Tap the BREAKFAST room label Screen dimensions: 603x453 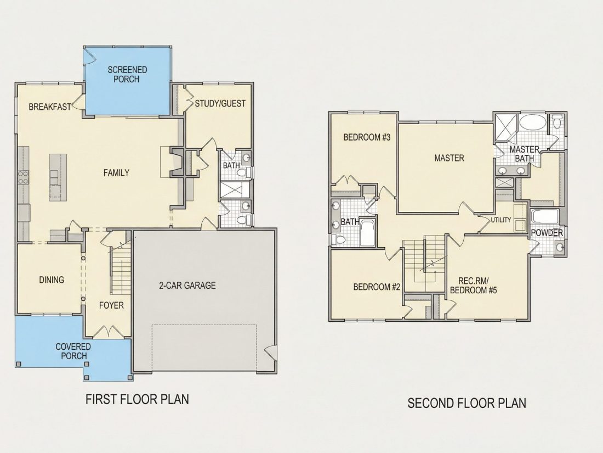coord(50,107)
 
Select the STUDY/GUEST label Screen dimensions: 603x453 coord(220,103)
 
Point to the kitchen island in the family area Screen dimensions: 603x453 coord(58,177)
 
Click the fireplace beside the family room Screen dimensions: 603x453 coord(177,162)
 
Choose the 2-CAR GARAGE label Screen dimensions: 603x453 coord(187,286)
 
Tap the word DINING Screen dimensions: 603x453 coord(52,279)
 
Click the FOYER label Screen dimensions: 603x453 coord(111,305)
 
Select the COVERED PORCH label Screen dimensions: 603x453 coord(73,351)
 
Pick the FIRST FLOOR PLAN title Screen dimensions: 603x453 coord(137,399)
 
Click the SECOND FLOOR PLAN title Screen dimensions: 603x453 coord(467,403)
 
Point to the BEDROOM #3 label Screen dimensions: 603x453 coord(367,137)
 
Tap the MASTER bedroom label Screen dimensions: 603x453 coord(449,158)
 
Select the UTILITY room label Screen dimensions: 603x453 coord(501,220)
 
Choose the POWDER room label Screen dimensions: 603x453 coord(547,233)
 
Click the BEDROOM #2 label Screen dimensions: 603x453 coord(377,287)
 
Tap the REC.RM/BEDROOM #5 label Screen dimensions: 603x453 coord(474,286)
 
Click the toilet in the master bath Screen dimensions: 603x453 coord(556,121)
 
